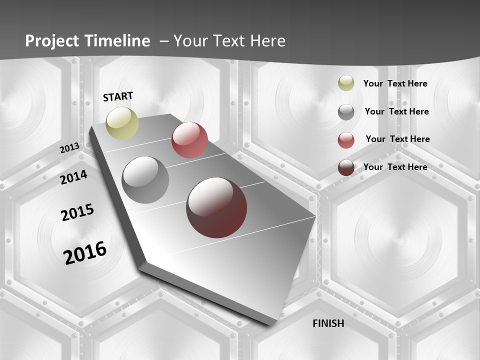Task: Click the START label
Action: pyautogui.click(x=118, y=96)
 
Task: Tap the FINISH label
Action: pyautogui.click(x=328, y=323)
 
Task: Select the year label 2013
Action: pyautogui.click(x=69, y=148)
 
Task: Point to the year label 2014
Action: pyautogui.click(x=73, y=177)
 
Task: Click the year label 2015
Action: pyautogui.click(x=77, y=212)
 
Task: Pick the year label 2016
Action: pyautogui.click(x=85, y=252)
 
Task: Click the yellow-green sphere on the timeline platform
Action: pyautogui.click(x=122, y=123)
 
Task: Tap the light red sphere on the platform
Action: pyautogui.click(x=189, y=140)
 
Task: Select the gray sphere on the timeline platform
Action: pyautogui.click(x=145, y=180)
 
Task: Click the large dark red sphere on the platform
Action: pyautogui.click(x=216, y=207)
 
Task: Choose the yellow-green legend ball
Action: pyautogui.click(x=346, y=83)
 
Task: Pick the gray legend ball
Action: pyautogui.click(x=346, y=112)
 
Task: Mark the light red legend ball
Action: pyautogui.click(x=346, y=140)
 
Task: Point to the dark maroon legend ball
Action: pyautogui.click(x=346, y=167)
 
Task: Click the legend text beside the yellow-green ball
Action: pyautogui.click(x=395, y=83)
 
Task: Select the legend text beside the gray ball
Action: pyautogui.click(x=397, y=111)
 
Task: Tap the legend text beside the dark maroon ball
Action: pyautogui.click(x=395, y=167)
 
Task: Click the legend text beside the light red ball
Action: pyautogui.click(x=398, y=139)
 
